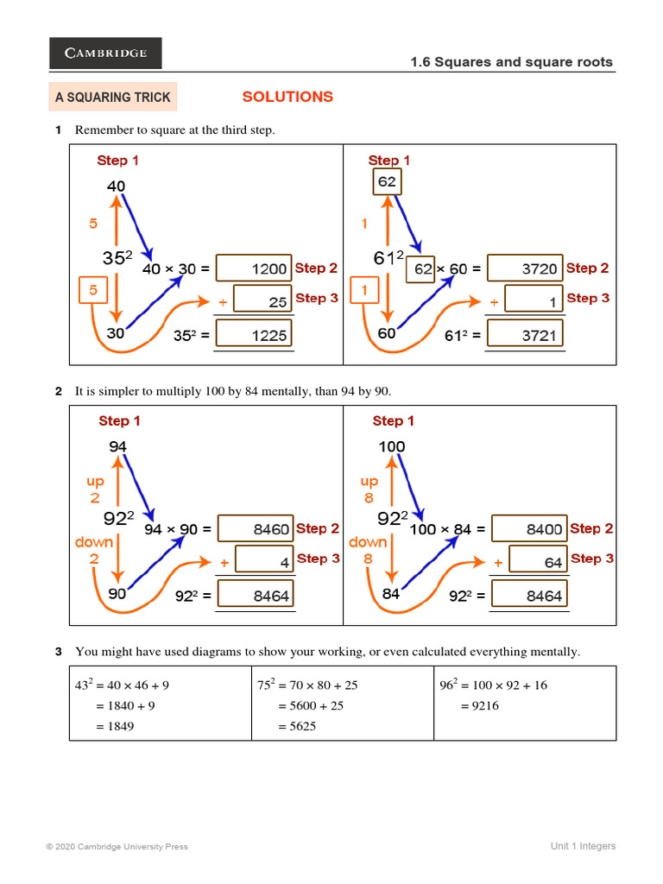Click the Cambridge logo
(105, 54)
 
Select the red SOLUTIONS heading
(287, 97)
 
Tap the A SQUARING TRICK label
(113, 98)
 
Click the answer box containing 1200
(254, 268)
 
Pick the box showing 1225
(254, 335)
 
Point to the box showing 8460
(255, 529)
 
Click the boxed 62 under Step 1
(387, 182)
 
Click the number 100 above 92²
(391, 446)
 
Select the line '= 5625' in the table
(297, 726)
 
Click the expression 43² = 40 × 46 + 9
(122, 685)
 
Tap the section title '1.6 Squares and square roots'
(511, 61)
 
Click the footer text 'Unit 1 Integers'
(583, 846)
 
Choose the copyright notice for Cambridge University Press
(117, 847)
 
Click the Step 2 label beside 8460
(318, 528)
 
